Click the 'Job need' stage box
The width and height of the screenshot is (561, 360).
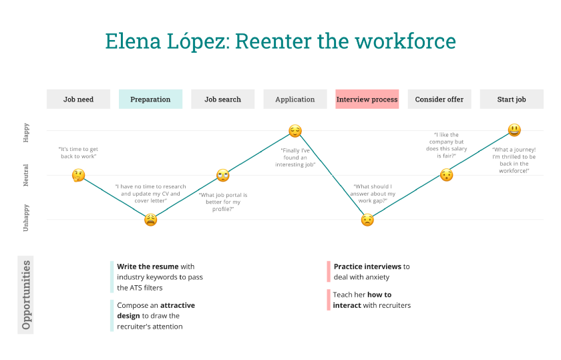tap(78, 100)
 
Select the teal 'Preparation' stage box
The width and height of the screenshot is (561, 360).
tap(150, 100)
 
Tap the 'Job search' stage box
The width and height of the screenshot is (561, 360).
tap(222, 100)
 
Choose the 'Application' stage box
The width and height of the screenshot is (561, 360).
tap(295, 100)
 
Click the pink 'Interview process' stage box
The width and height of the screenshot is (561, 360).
tap(367, 100)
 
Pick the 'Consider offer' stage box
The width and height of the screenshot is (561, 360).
tap(439, 100)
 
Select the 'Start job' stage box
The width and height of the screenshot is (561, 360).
tap(511, 100)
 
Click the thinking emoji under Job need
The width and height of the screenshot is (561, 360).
tap(78, 176)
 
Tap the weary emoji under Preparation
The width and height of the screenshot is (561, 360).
tap(151, 219)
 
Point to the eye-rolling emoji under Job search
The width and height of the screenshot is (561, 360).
tap(222, 176)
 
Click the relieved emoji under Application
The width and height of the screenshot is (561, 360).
tap(295, 131)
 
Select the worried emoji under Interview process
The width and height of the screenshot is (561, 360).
tap(367, 219)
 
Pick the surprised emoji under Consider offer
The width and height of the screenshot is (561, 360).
tap(446, 175)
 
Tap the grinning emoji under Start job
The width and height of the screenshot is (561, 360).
tap(514, 130)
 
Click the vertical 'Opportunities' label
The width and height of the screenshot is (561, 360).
tap(26, 295)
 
